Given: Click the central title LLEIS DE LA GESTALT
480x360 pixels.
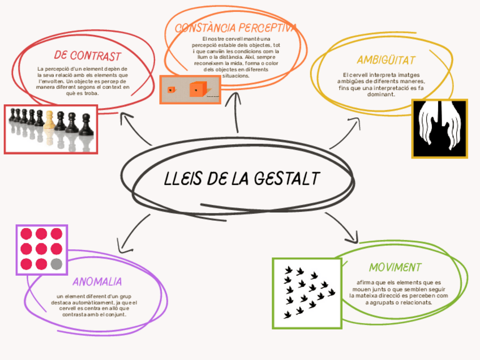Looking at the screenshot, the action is click(241, 178).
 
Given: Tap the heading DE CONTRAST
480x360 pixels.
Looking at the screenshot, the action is click(88, 55).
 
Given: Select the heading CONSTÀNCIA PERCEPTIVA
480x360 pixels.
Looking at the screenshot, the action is click(235, 28).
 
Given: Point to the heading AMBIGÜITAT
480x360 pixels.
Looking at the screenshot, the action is click(386, 60).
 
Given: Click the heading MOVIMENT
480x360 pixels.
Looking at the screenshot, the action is click(395, 267).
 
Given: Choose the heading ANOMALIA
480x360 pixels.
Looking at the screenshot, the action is click(97, 281).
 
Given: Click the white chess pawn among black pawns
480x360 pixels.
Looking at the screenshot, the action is click(50, 120).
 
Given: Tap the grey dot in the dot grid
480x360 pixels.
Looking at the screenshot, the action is click(56, 264).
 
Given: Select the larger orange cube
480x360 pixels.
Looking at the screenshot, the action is click(196, 89).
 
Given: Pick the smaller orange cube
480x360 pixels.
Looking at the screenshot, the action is click(170, 90).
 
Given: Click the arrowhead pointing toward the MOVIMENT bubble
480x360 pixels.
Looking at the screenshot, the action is click(354, 236).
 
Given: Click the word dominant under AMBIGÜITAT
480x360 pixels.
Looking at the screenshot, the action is click(382, 95).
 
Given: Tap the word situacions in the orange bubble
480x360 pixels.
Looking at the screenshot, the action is click(235, 75).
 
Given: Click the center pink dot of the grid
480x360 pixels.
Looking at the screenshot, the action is click(41, 248).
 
